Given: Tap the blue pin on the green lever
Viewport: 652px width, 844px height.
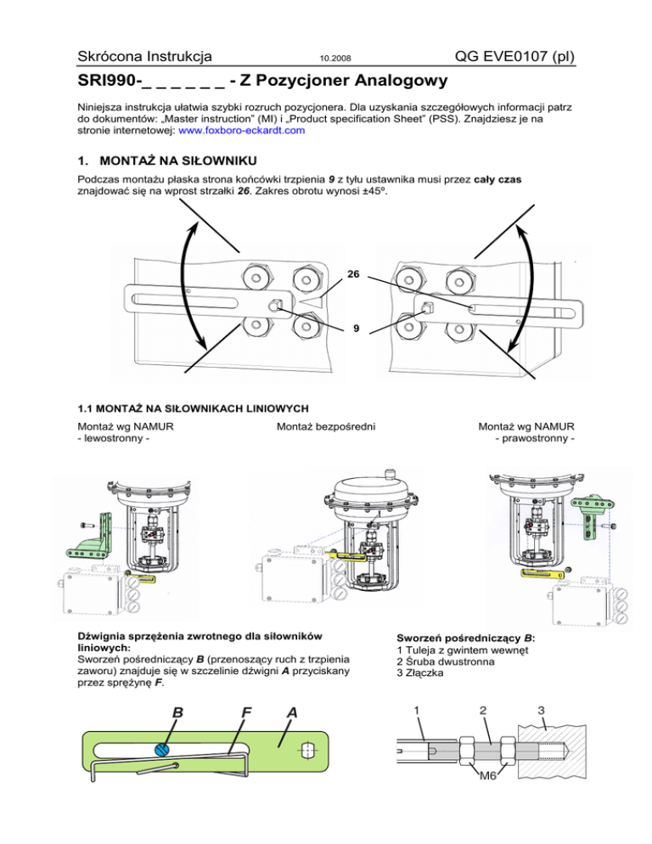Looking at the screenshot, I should [x=161, y=749].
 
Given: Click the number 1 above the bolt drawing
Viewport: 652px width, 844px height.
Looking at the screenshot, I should [x=416, y=708].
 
